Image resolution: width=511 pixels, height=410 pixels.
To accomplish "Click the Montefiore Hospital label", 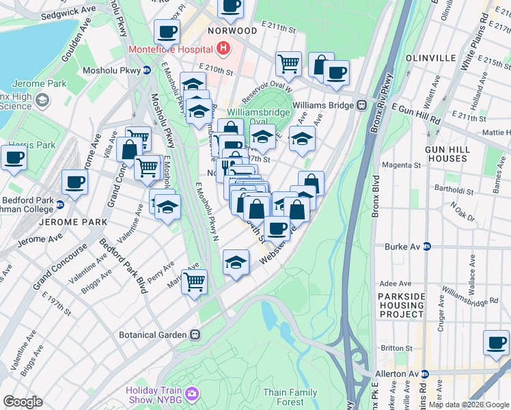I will (170, 51).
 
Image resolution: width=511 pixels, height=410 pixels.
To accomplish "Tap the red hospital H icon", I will (223, 49).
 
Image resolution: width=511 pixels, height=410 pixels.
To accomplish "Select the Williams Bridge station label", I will (320, 105).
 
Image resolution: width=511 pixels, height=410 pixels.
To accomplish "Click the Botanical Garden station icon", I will (195, 335).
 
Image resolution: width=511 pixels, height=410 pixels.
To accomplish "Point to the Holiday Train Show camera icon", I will (192, 394).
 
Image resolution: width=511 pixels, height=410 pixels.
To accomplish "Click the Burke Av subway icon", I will (427, 246).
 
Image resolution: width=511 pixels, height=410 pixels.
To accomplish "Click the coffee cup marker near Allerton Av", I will (496, 342).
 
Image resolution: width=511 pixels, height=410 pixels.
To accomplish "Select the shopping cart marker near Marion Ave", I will (195, 281).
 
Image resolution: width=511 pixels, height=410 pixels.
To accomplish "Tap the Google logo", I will (23, 402).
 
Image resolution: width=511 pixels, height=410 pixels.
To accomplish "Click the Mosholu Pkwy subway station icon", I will (146, 70).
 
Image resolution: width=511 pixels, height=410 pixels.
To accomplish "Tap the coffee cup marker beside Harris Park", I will (14, 157).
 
